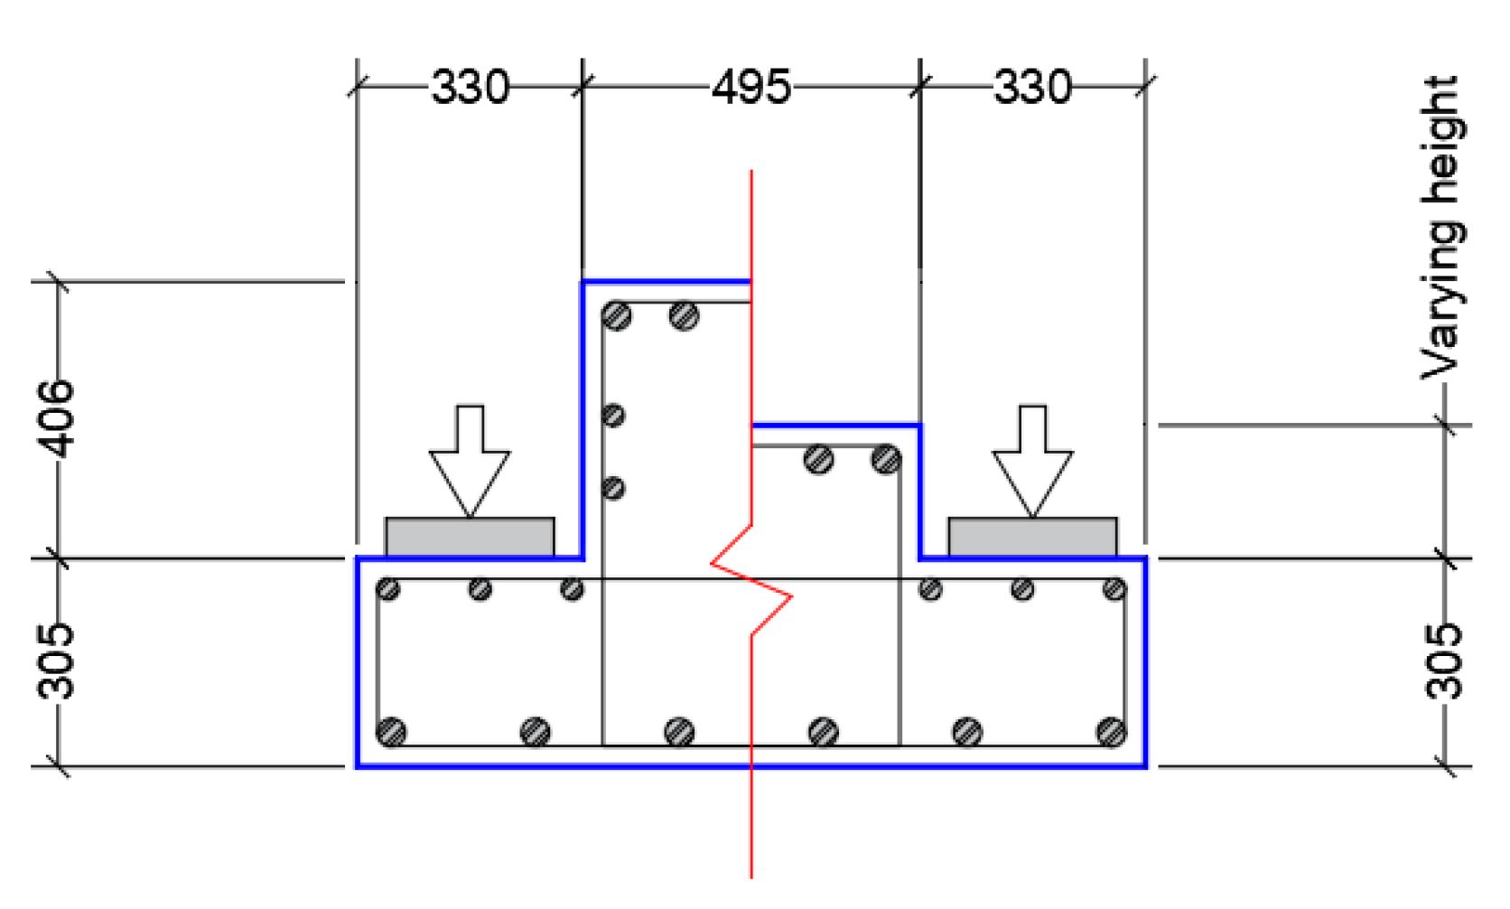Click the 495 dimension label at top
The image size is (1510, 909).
750,88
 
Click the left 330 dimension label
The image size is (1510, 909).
470,88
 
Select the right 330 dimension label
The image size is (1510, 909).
1032,88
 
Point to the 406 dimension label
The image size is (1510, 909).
56,418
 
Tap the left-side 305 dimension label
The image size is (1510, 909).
56,661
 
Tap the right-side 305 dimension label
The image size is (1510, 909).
1443,661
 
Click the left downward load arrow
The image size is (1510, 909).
470,461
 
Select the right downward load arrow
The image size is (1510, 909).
1032,461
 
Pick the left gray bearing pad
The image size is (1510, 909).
470,538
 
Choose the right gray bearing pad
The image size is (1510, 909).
1032,538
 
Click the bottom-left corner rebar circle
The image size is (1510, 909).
391,731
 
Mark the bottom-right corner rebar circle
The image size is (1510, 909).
1111,731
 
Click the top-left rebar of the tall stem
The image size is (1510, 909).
617,316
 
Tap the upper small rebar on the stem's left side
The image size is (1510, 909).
613,416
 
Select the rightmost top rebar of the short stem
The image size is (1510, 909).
886,460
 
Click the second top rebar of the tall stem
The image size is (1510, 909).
684,316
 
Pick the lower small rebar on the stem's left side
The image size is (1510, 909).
613,489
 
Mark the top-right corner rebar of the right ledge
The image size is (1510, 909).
1114,590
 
